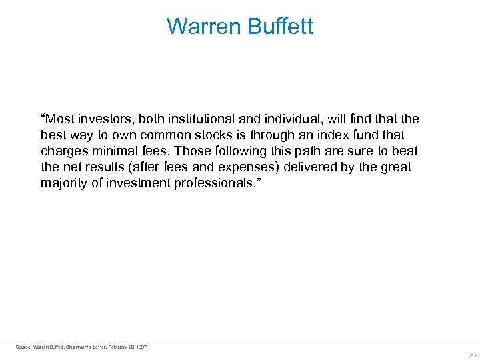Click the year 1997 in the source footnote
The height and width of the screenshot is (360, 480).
[x=141, y=347]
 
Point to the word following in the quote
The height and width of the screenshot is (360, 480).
[x=217, y=151]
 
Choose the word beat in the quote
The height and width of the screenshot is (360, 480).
[x=406, y=151]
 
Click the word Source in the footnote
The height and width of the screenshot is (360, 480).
[x=23, y=347]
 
